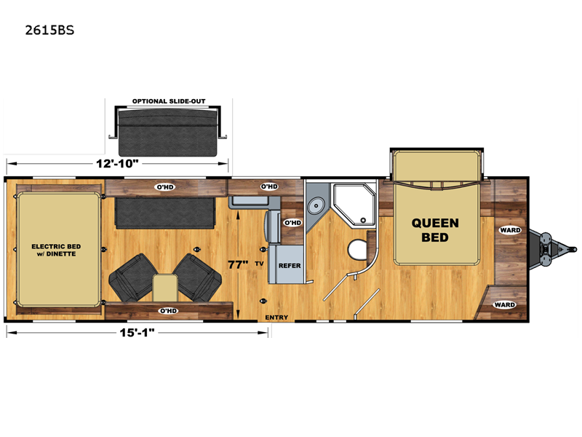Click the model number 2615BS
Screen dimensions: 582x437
[x=49, y=30]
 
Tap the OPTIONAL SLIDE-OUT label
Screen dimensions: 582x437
[x=169, y=101]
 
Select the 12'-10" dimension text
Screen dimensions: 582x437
[x=117, y=163]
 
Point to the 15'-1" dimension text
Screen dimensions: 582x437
[x=137, y=332]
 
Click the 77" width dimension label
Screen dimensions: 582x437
[x=238, y=264]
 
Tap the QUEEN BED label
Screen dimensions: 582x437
[x=435, y=230]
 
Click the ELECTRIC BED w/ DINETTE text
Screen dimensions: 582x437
[x=56, y=250]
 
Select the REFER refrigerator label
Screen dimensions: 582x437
[x=290, y=266]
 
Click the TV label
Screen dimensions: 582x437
[x=259, y=264]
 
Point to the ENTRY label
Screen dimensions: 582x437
[x=276, y=318]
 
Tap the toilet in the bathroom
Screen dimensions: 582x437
[x=357, y=249]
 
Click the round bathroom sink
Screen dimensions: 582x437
[x=316, y=205]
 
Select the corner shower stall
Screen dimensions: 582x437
[x=354, y=204]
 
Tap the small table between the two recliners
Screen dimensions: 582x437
[x=165, y=287]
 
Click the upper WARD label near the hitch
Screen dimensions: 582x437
[x=511, y=230]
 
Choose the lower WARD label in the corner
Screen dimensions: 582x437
[x=504, y=304]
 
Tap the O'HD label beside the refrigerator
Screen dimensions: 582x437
[x=292, y=223]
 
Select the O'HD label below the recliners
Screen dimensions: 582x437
[x=168, y=311]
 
